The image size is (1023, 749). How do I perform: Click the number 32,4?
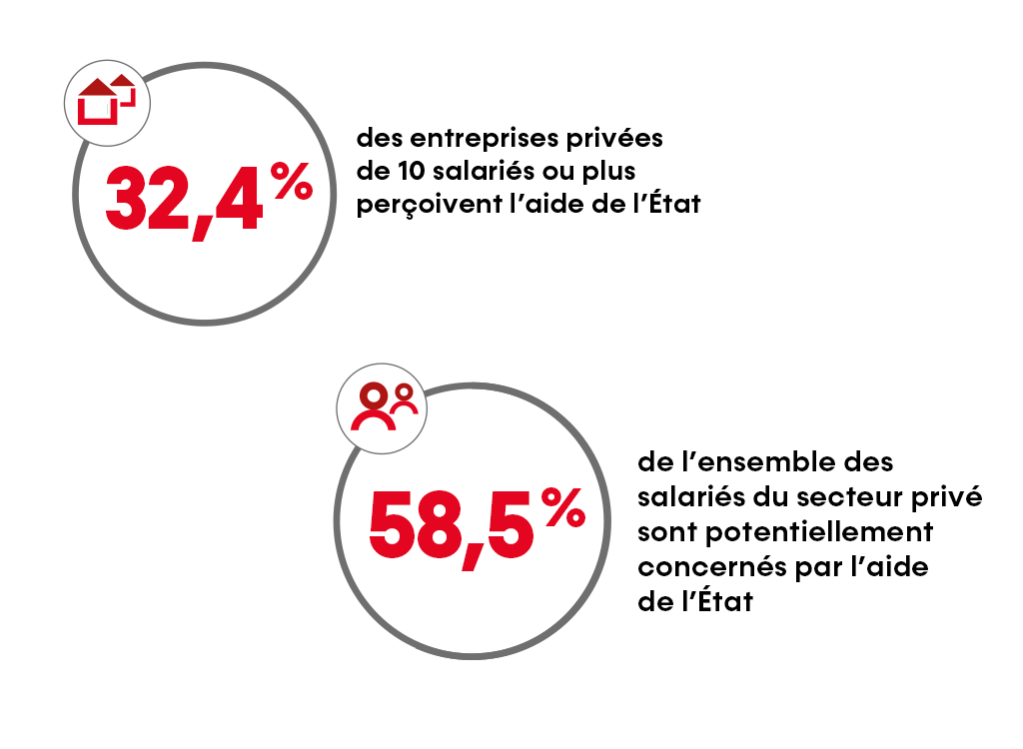(186, 202)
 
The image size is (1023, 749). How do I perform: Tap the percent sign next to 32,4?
(291, 183)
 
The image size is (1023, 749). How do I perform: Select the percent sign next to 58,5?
(563, 509)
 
